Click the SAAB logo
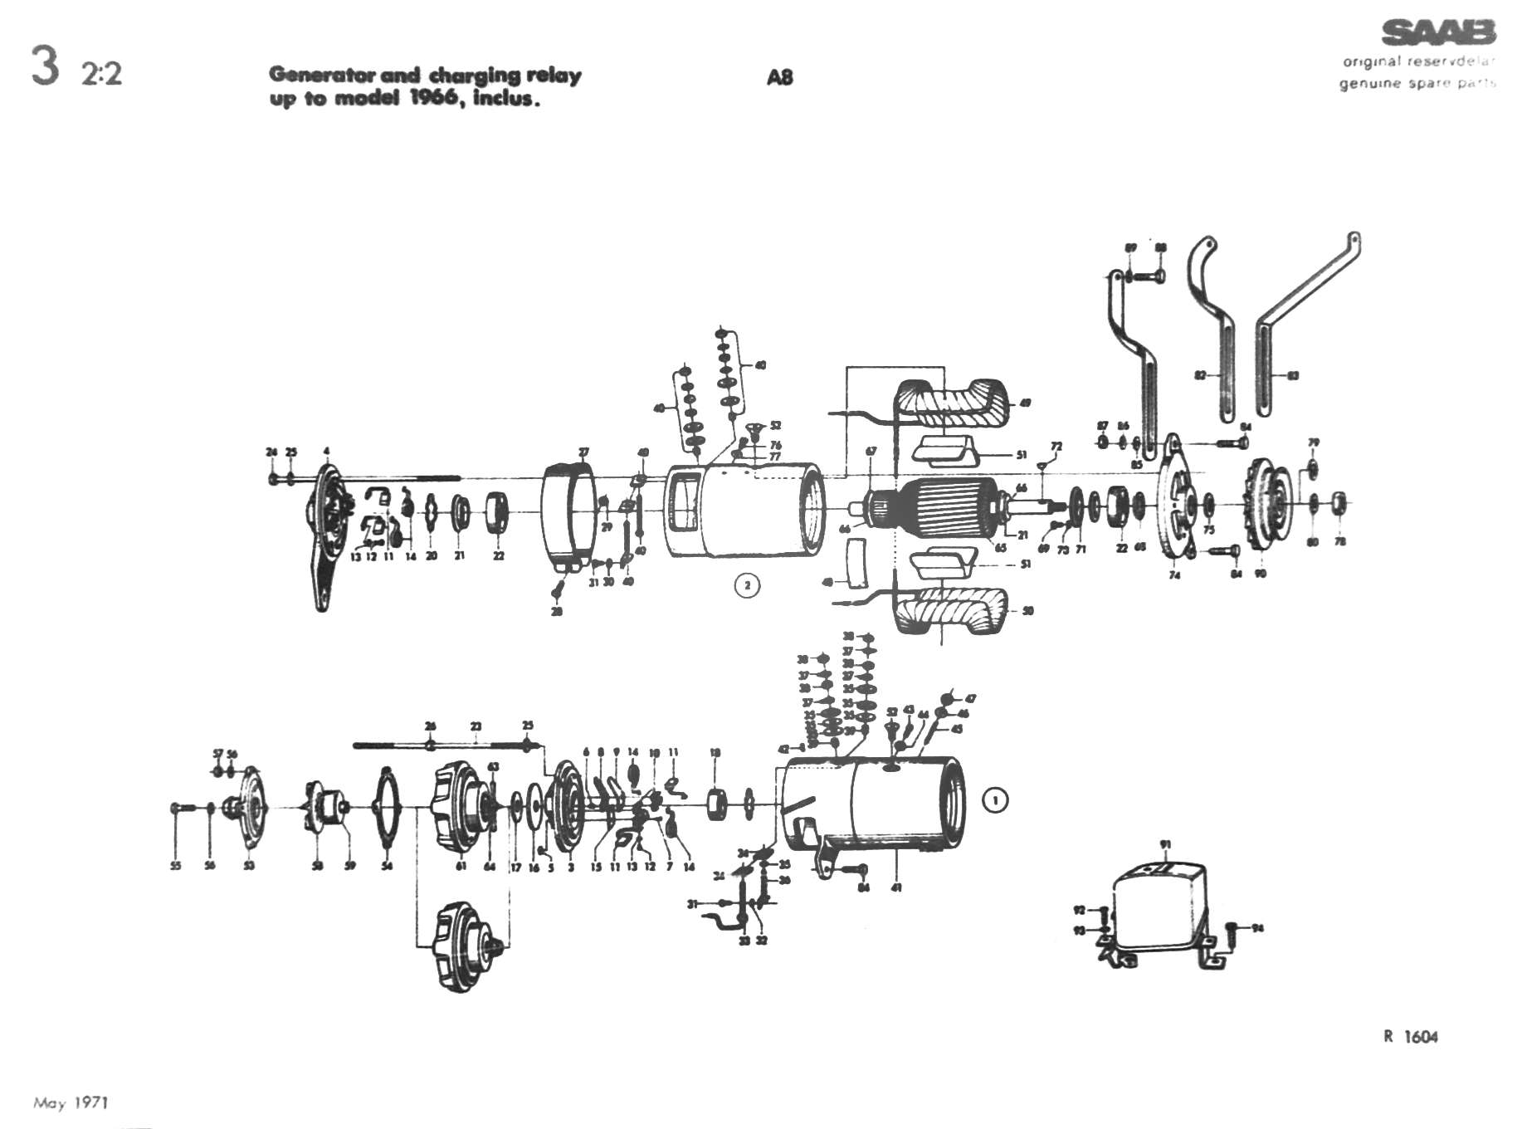tap(1438, 33)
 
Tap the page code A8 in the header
tap(779, 77)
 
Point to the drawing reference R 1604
tap(1411, 1036)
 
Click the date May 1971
tap(71, 1102)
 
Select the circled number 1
tap(994, 800)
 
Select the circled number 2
tap(747, 585)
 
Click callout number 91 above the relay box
tap(1165, 845)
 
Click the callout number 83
tap(1293, 376)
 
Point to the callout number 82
tap(1200, 376)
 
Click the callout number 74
tap(1174, 575)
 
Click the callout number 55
tap(175, 867)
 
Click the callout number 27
tap(583, 453)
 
